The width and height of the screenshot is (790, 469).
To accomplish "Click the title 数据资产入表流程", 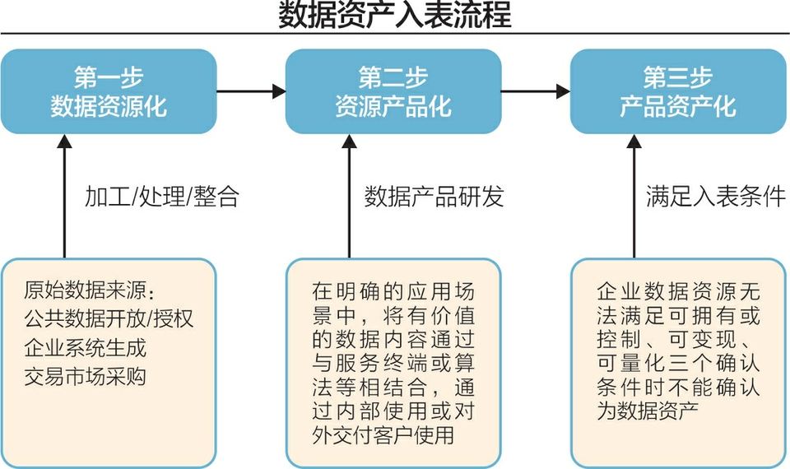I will click(394, 16).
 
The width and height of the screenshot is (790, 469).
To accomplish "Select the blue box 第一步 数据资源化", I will click(109, 91).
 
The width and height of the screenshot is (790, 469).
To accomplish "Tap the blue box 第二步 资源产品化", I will click(393, 91).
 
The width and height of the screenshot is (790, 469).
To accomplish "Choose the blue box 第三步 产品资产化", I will click(678, 91).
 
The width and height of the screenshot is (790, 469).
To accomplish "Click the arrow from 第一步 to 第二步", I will click(251, 91).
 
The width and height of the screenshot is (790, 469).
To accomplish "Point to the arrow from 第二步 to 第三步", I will click(536, 91).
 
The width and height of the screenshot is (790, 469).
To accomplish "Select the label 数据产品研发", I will click(434, 197).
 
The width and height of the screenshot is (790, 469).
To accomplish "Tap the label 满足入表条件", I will click(715, 197).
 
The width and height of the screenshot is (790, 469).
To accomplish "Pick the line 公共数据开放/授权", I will click(109, 318).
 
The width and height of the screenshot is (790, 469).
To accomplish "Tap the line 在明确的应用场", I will click(393, 292).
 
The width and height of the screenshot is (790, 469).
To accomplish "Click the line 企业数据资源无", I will click(678, 292).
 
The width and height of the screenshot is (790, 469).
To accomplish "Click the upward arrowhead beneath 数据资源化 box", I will click(64, 142).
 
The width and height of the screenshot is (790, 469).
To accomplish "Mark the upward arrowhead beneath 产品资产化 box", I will click(634, 142).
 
